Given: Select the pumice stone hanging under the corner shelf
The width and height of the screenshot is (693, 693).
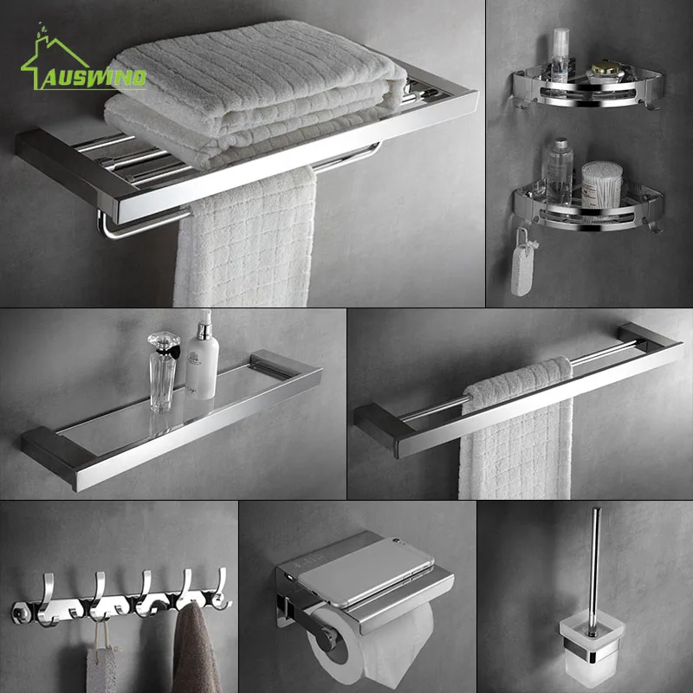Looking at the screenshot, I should (x=521, y=273).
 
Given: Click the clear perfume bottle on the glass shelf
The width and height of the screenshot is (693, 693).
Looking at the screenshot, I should (x=162, y=372).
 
